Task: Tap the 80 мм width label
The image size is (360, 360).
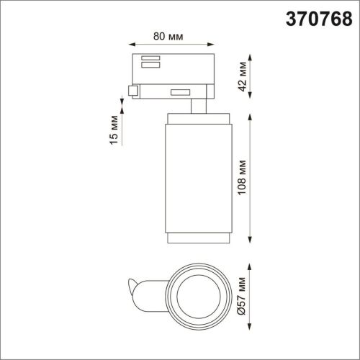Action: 170,35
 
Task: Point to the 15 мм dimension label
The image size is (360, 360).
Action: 112,130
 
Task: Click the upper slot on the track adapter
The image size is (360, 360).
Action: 150,58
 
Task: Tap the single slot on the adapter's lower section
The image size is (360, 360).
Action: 180,91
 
